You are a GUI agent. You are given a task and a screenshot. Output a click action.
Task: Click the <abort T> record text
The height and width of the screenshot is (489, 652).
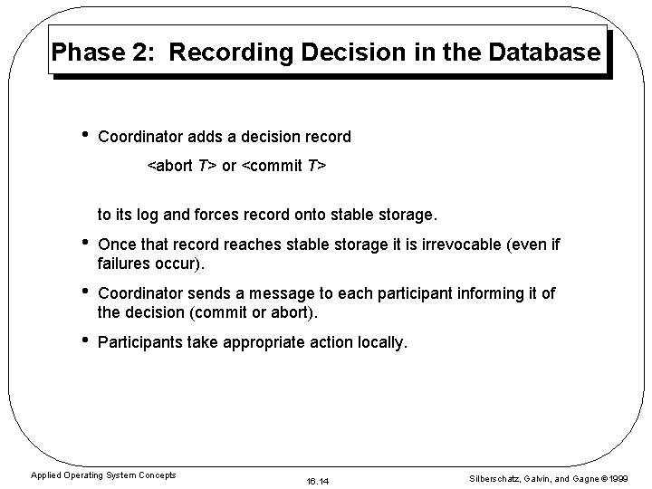click(181, 167)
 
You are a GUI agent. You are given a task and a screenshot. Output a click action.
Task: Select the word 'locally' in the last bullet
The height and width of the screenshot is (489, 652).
click(382, 343)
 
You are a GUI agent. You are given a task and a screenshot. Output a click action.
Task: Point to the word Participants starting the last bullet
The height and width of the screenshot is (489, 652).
click(139, 343)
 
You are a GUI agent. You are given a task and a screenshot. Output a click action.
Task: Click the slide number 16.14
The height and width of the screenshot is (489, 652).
click(318, 478)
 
